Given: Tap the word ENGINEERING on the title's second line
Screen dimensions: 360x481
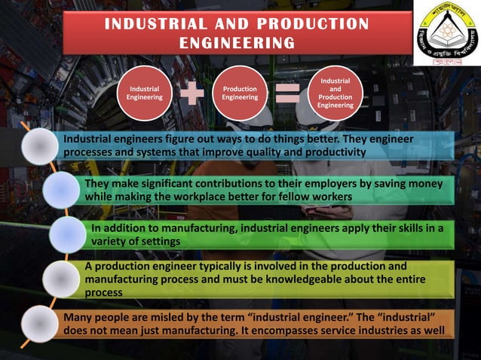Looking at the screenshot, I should pyautogui.click(x=236, y=43).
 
